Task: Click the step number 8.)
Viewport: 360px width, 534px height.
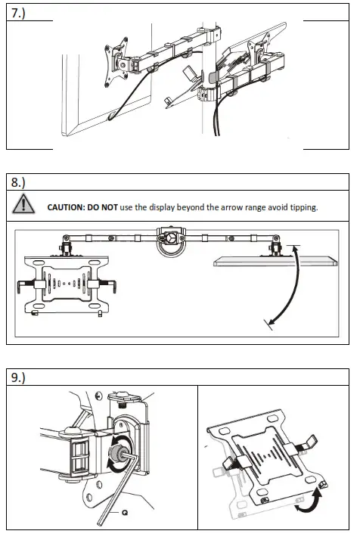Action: click(x=17, y=182)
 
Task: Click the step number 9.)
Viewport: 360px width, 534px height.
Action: click(x=17, y=377)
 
